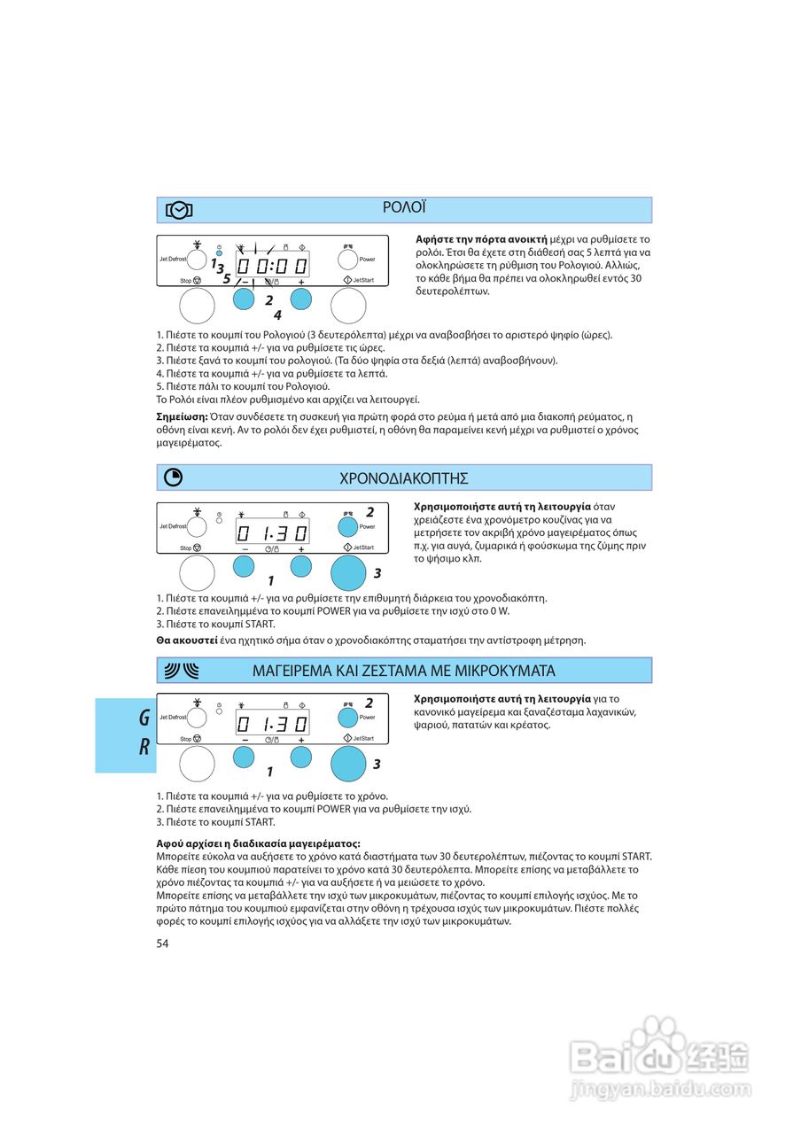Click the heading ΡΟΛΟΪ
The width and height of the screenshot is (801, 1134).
point(404,208)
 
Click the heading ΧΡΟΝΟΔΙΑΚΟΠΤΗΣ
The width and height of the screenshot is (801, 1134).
point(404,478)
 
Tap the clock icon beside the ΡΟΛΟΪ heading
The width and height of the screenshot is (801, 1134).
point(179,210)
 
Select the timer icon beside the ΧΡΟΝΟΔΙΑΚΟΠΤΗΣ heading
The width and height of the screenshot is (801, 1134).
point(174,478)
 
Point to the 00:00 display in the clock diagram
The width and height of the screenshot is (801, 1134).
point(271,266)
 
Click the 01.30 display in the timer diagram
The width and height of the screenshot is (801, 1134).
point(271,533)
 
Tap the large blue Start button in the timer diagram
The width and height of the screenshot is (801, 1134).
point(348,572)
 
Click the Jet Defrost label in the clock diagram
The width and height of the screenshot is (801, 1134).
point(173,260)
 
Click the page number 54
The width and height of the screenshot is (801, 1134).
point(162,944)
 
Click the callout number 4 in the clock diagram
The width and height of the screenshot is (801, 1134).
point(277,315)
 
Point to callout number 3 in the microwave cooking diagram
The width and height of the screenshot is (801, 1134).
point(377,764)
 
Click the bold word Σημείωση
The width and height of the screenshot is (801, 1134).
point(182,416)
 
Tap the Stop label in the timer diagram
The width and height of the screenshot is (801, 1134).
point(186,548)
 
